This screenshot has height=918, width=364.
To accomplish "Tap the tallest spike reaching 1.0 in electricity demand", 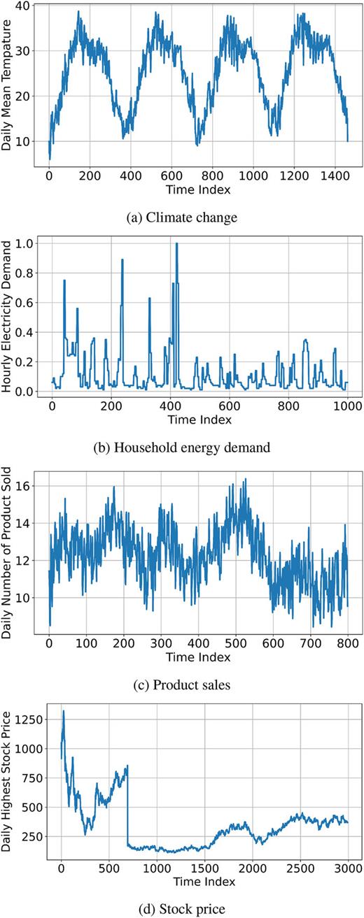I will point(176,244).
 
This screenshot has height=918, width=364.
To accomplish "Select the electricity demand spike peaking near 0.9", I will point(122,260).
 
